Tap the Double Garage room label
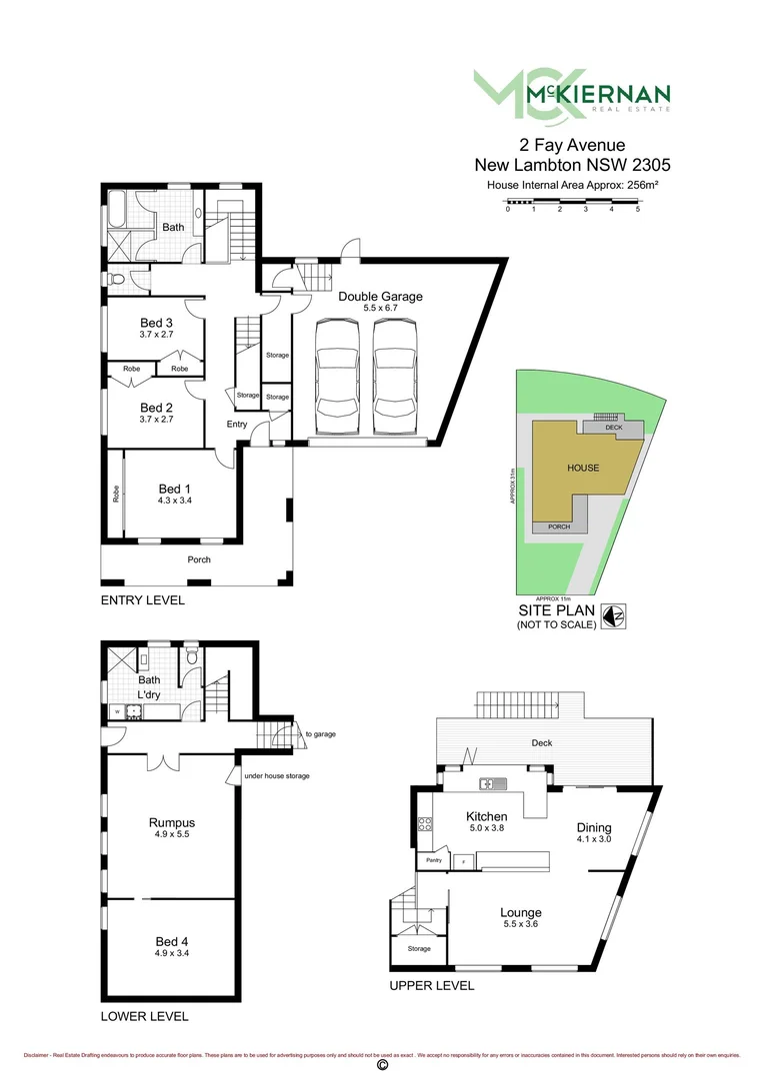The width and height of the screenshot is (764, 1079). [x=380, y=296]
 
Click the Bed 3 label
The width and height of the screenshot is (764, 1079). [x=157, y=322]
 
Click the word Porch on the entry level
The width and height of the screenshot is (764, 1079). [x=199, y=559]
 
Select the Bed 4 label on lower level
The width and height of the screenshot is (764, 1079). [x=172, y=941]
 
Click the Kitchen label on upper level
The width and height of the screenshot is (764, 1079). [x=487, y=816]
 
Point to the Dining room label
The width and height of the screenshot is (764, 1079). [x=594, y=827]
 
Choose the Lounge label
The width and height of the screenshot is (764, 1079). [x=521, y=912]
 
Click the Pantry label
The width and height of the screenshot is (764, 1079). [x=434, y=860]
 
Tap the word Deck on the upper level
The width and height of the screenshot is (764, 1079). [x=542, y=743]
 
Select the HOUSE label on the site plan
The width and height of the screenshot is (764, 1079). [x=583, y=468]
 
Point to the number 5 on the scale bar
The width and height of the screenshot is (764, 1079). [x=637, y=209]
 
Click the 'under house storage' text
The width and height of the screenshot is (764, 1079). [x=277, y=776]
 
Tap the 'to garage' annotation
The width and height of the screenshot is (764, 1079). [x=321, y=734]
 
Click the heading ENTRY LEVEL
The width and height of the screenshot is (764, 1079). [x=143, y=600]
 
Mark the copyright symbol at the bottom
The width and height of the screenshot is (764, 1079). [x=381, y=1066]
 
